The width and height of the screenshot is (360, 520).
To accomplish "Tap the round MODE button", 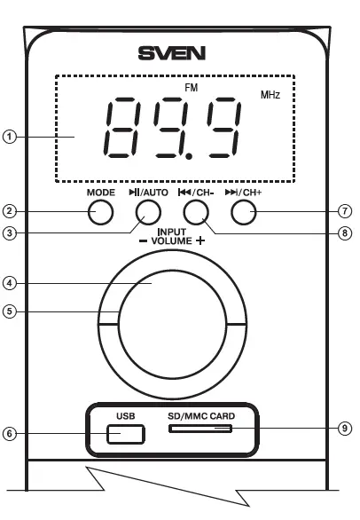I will click(103, 212).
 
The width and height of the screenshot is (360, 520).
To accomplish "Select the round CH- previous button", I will click(195, 212).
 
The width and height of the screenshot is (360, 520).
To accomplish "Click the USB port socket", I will click(125, 434).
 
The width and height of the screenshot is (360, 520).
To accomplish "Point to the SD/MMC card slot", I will click(200, 429).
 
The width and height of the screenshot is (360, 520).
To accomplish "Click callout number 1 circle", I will click(9, 137).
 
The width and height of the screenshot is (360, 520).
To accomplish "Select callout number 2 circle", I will click(9, 212).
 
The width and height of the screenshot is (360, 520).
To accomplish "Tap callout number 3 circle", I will click(9, 234).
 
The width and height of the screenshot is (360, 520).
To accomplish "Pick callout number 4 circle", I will click(9, 284).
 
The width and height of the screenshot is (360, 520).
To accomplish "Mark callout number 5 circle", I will click(9, 311).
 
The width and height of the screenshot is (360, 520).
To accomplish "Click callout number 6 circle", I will click(9, 434).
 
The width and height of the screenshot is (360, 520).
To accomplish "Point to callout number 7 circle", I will click(347, 212).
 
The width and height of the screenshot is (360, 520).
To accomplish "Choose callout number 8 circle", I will click(347, 234).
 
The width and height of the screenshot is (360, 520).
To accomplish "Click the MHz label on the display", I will click(270, 95).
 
